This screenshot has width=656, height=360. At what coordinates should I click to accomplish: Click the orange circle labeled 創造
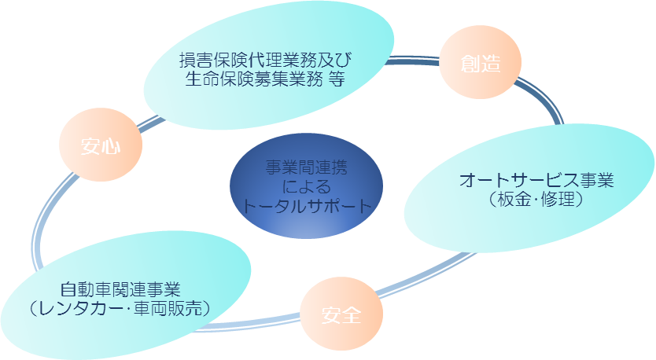pos(481,64)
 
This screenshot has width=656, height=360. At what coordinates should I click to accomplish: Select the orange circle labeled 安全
pos(341,316)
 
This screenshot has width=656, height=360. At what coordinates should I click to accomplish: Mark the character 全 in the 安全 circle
pos(352,316)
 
